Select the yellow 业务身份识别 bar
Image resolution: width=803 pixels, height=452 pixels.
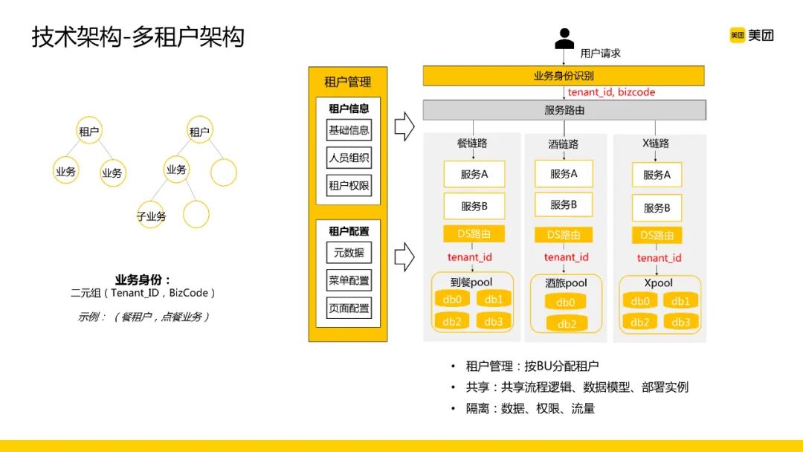[564, 76]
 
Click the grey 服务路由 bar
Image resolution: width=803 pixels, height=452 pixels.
[564, 110]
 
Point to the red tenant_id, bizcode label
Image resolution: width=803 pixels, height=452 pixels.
[611, 92]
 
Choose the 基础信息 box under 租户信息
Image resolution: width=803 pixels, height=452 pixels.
[349, 130]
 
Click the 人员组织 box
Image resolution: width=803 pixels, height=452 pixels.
[349, 158]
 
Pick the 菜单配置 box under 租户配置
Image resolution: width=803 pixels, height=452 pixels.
[349, 280]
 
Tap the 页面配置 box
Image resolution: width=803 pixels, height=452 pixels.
[349, 308]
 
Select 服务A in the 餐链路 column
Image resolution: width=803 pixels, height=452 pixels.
[474, 175]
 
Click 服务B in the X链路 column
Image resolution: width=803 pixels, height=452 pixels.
[657, 208]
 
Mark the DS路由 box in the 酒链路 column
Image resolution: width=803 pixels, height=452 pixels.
[564, 234]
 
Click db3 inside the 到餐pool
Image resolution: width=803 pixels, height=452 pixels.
[494, 321]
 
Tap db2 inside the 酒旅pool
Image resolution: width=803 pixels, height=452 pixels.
[567, 324]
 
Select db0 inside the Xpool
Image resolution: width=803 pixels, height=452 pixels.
[640, 301]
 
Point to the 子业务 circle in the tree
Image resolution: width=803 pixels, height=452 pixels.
[151, 216]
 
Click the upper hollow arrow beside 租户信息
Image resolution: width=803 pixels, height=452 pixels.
[404, 126]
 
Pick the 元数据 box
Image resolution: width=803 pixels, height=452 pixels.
[349, 252]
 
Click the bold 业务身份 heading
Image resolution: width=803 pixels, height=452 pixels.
[143, 280]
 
